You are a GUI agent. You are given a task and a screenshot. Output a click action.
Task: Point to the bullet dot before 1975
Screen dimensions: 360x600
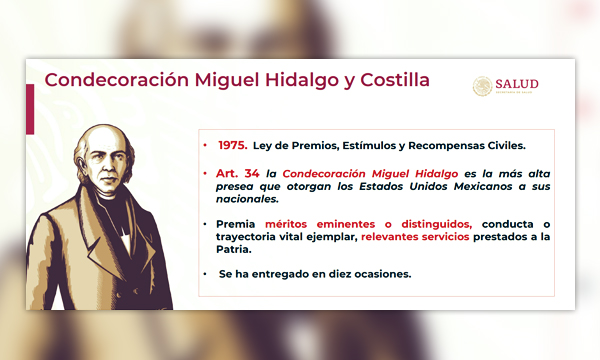[205, 146]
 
